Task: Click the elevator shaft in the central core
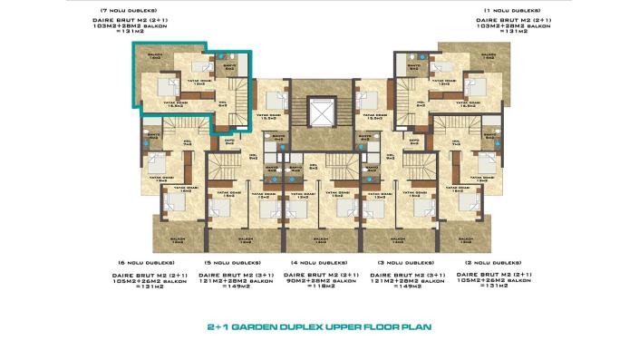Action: click(320, 114)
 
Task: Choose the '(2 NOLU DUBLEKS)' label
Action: click(512, 262)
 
